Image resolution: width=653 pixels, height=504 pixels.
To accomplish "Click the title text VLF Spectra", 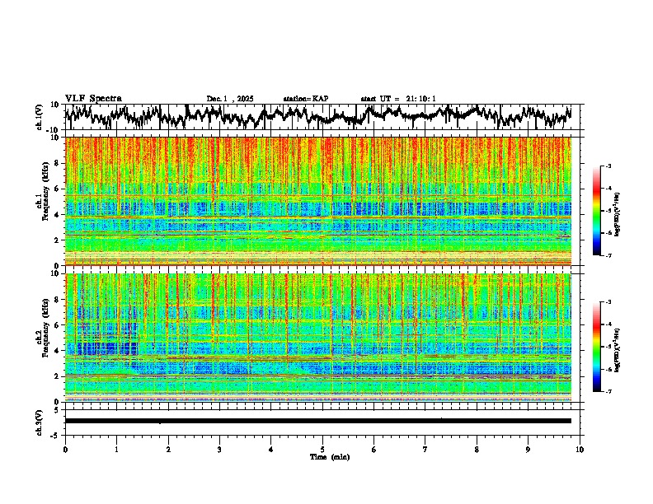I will click(x=93, y=98).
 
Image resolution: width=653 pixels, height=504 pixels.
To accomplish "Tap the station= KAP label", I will click(x=305, y=99).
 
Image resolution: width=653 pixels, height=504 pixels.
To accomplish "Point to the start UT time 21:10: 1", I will click(x=398, y=99).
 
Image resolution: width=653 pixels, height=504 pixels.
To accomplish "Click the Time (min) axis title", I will click(x=330, y=456).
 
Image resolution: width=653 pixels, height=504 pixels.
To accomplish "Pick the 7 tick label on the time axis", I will click(x=425, y=449).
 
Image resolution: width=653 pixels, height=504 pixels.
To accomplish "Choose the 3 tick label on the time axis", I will click(x=219, y=449).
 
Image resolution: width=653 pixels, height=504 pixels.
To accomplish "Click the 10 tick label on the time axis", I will click(x=580, y=449).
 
